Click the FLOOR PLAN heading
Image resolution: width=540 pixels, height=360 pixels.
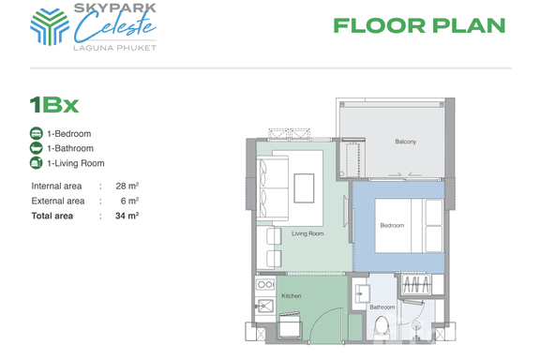(419, 26)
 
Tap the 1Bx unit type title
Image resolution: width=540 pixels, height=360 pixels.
(54, 105)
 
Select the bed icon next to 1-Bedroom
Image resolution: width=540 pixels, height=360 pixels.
(37, 133)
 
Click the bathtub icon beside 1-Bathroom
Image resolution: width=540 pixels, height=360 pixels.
(37, 148)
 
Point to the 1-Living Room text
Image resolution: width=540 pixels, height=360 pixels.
(76, 163)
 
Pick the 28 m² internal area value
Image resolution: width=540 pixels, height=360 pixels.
(127, 186)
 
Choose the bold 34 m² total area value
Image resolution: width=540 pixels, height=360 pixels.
(127, 216)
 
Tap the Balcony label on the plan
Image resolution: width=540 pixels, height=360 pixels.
(405, 142)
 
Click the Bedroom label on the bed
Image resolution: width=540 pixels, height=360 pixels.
(392, 225)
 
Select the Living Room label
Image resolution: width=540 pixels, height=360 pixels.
(307, 233)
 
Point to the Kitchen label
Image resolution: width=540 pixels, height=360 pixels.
(292, 296)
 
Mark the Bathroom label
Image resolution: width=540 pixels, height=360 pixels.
(382, 307)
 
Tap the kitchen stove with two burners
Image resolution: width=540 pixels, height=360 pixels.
(265, 285)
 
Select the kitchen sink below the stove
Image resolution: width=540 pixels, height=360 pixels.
(264, 306)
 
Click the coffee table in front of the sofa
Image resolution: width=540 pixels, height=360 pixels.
(304, 188)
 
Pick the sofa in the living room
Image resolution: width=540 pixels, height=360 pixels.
(273, 188)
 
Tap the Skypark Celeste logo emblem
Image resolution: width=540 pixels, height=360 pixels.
(50, 27)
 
